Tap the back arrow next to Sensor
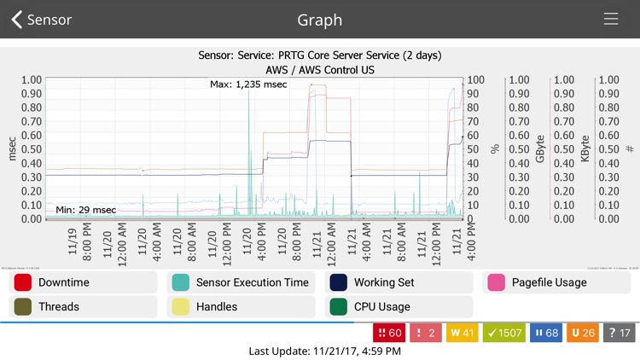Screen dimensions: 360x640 pos(17,20)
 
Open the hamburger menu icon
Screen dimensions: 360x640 pos(611,20)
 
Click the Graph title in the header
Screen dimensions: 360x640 pos(319,20)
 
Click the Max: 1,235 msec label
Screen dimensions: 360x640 pos(248,84)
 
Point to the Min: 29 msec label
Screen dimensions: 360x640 pos(86,210)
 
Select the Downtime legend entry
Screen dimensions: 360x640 pos(83,282)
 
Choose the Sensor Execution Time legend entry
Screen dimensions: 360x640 pos(241,282)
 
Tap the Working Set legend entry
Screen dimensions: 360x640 pos(400,282)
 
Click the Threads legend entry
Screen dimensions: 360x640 pos(83,306)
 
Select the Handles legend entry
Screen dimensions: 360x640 pos(241,306)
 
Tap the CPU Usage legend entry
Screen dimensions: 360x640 pos(400,306)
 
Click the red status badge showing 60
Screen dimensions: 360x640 pos(390,333)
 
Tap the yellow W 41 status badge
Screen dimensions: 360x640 pos(460,333)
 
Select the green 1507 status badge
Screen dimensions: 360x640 pos(504,333)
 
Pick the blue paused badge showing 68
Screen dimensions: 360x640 pos(546,333)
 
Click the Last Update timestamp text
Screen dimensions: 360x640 pos(319,351)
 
